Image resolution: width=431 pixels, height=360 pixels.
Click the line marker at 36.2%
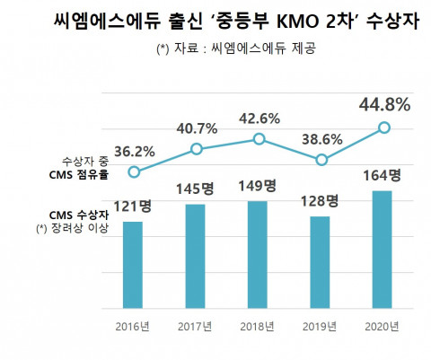tap(134, 171)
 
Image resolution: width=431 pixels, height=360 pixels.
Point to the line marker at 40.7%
tap(197, 149)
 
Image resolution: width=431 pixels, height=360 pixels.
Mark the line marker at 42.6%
tap(259, 139)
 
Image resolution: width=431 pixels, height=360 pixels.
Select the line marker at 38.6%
tap(321, 160)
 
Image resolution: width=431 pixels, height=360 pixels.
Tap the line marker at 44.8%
tap(384, 128)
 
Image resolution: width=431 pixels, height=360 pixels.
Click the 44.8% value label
tap(384, 105)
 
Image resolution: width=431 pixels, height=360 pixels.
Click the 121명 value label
tap(133, 206)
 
